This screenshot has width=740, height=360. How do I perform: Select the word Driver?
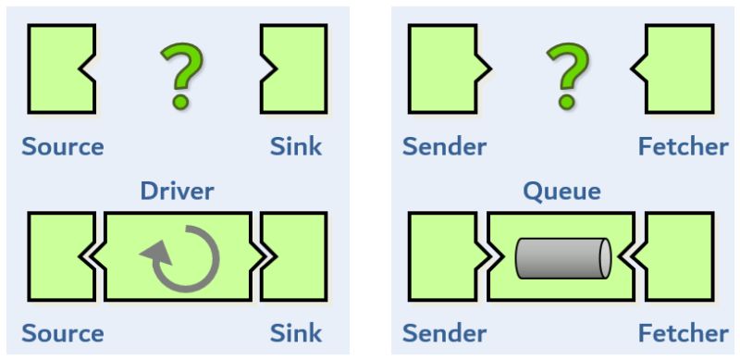[x=177, y=192]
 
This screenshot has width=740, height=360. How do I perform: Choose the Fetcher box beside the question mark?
[x=681, y=68]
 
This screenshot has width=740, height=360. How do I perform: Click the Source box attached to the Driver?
[x=57, y=256]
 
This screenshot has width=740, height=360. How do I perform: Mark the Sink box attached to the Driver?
[x=294, y=256]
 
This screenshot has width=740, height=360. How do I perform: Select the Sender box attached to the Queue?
[x=441, y=256]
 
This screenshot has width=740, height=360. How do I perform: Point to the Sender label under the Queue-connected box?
[x=445, y=332]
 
